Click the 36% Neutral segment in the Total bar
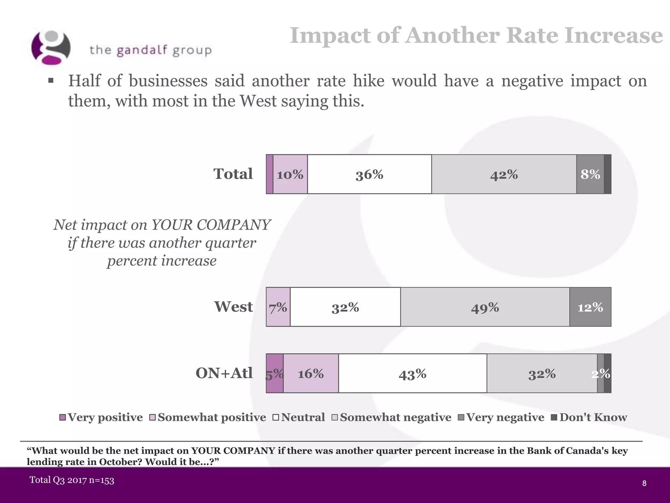coord(369,174)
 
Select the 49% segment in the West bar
coord(485,307)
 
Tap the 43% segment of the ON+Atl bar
coord(413,374)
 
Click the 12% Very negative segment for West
coord(590,307)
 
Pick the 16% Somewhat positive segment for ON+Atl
coord(311,374)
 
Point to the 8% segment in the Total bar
coord(590,174)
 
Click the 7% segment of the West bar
coord(278,307)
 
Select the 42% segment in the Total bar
coord(504,174)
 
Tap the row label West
coord(233,307)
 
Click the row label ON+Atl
coord(224,373)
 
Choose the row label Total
coord(233,174)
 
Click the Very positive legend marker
coord(62,418)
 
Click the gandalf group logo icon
coord(51,48)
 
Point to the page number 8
coord(644,483)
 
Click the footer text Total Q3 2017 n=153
coord(72,480)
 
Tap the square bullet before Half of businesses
coord(51,81)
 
